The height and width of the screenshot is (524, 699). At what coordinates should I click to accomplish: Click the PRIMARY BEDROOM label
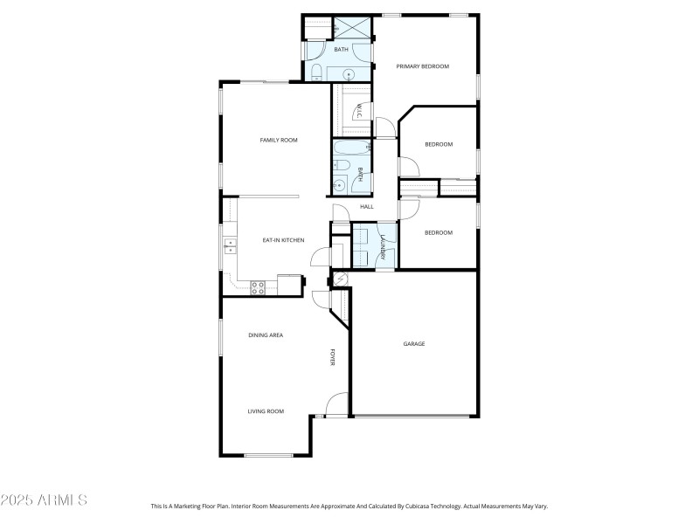(x=422, y=66)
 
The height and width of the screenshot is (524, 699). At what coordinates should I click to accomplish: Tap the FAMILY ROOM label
(x=279, y=140)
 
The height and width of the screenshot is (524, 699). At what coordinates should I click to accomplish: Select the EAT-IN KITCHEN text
(x=283, y=239)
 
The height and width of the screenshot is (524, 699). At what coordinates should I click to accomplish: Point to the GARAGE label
(x=413, y=344)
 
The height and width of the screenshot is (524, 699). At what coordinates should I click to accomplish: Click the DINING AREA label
(x=265, y=335)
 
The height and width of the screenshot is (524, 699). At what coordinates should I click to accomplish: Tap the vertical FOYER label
(x=332, y=357)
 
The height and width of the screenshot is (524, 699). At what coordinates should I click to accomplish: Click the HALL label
(x=367, y=207)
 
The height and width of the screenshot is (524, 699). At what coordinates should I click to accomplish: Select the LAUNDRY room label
(x=383, y=245)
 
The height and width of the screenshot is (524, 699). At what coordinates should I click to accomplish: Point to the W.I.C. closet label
(x=357, y=111)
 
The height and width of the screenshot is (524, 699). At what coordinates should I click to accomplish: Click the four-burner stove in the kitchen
(x=258, y=285)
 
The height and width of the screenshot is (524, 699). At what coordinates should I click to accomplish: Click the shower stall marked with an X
(x=356, y=28)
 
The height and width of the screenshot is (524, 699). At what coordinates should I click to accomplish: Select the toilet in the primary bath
(x=318, y=72)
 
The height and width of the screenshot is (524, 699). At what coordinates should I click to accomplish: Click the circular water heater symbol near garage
(x=340, y=279)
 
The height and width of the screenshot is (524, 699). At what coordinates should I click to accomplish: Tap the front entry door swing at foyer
(x=334, y=404)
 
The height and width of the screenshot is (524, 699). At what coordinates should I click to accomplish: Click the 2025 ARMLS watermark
(x=44, y=500)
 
